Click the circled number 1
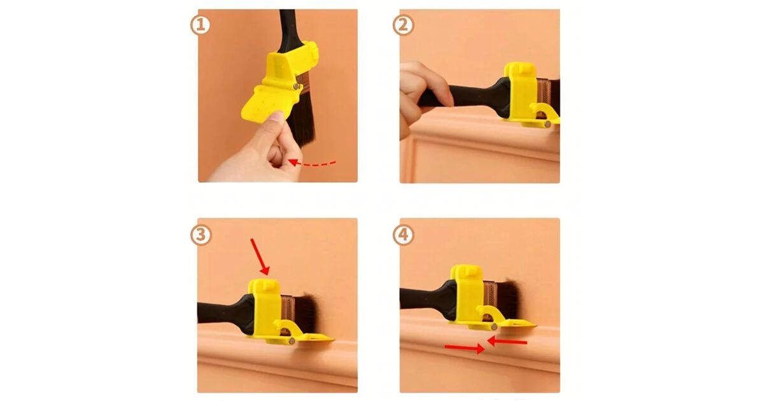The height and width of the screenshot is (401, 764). (x=200, y=25)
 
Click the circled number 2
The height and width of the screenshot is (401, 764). (x=403, y=25)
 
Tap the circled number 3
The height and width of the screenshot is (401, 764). (x=201, y=235)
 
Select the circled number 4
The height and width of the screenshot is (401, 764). (x=403, y=235)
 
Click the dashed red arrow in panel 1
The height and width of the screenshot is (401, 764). (x=312, y=164)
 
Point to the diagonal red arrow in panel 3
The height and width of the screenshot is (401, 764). (x=260, y=257)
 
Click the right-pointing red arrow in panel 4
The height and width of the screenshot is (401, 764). (x=465, y=348)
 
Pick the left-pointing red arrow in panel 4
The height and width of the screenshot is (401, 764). (x=507, y=341)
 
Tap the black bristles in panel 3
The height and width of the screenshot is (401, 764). (x=309, y=314)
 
